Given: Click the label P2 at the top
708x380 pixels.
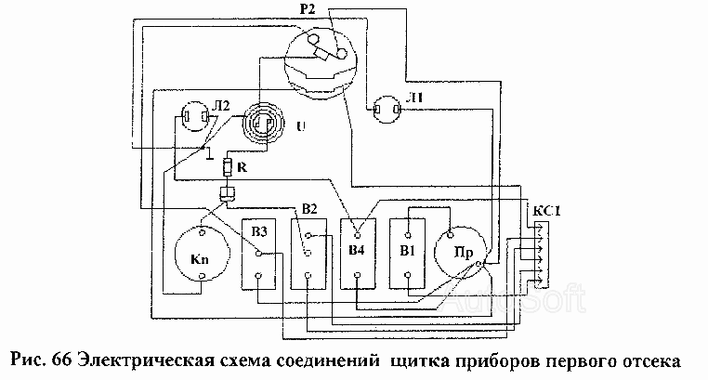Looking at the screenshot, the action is [x=307, y=9].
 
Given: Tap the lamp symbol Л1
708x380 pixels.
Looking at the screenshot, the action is [x=387, y=110].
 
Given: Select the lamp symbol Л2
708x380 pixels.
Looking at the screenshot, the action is [x=194, y=117].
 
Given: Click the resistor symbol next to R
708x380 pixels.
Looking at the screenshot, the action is [x=228, y=167].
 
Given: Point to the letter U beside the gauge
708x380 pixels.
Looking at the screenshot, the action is [x=300, y=126].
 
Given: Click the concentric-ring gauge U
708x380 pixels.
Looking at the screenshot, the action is [x=262, y=123].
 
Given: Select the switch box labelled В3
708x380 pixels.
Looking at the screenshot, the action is [x=258, y=254].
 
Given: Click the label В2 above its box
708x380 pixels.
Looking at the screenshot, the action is [x=309, y=209].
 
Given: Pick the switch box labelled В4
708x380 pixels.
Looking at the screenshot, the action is [x=358, y=254].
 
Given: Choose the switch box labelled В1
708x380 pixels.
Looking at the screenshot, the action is [x=407, y=254].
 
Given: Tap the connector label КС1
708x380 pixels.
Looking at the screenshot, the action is [x=546, y=211].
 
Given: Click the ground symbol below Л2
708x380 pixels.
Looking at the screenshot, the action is [x=210, y=154].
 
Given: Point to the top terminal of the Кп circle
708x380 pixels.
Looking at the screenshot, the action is [x=203, y=232].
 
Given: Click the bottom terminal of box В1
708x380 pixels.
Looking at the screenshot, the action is [x=407, y=274].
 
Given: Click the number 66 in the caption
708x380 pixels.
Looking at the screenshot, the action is [x=60, y=361].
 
